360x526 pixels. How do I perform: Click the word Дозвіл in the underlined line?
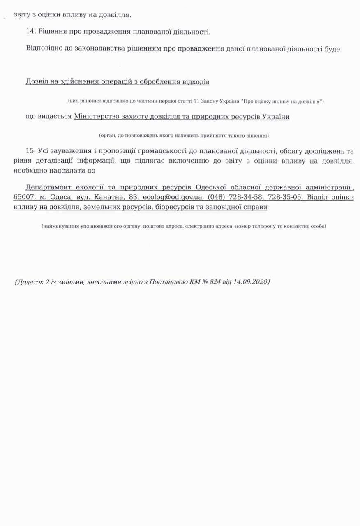(37, 81)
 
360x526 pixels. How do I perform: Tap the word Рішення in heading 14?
(52, 32)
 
